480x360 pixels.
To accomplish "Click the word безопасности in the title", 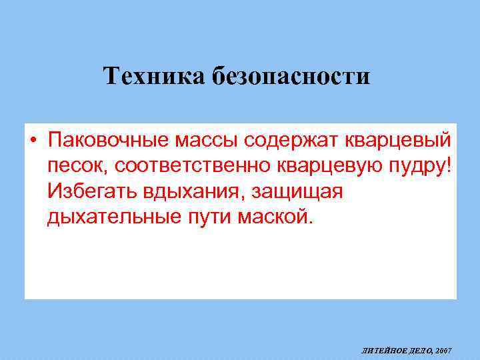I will pos(291,77).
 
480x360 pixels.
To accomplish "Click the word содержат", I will pos(294,141).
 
